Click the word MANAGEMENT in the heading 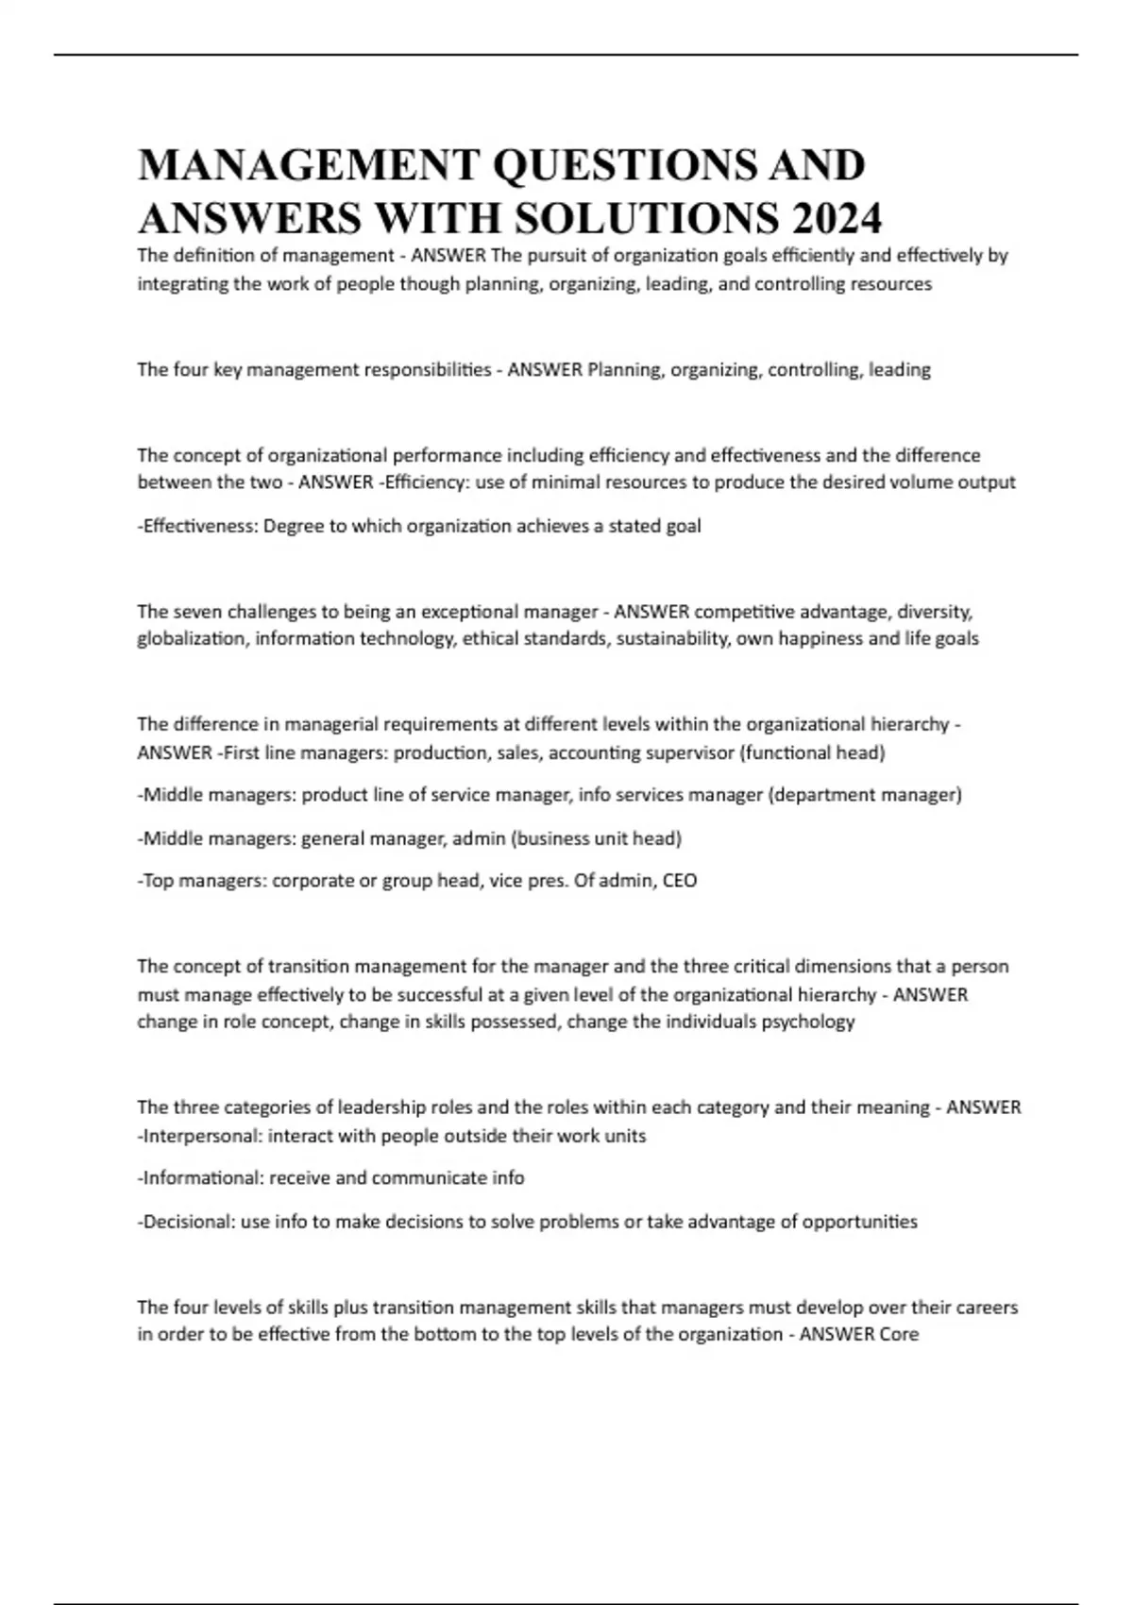coord(309,165)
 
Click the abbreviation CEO coord(680,881)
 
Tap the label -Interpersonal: coord(200,1136)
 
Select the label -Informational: coord(201,1178)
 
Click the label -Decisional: coord(187,1222)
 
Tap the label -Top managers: coord(203,881)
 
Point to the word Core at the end coord(898,1335)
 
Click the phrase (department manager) coord(866,795)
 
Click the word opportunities coord(860,1222)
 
